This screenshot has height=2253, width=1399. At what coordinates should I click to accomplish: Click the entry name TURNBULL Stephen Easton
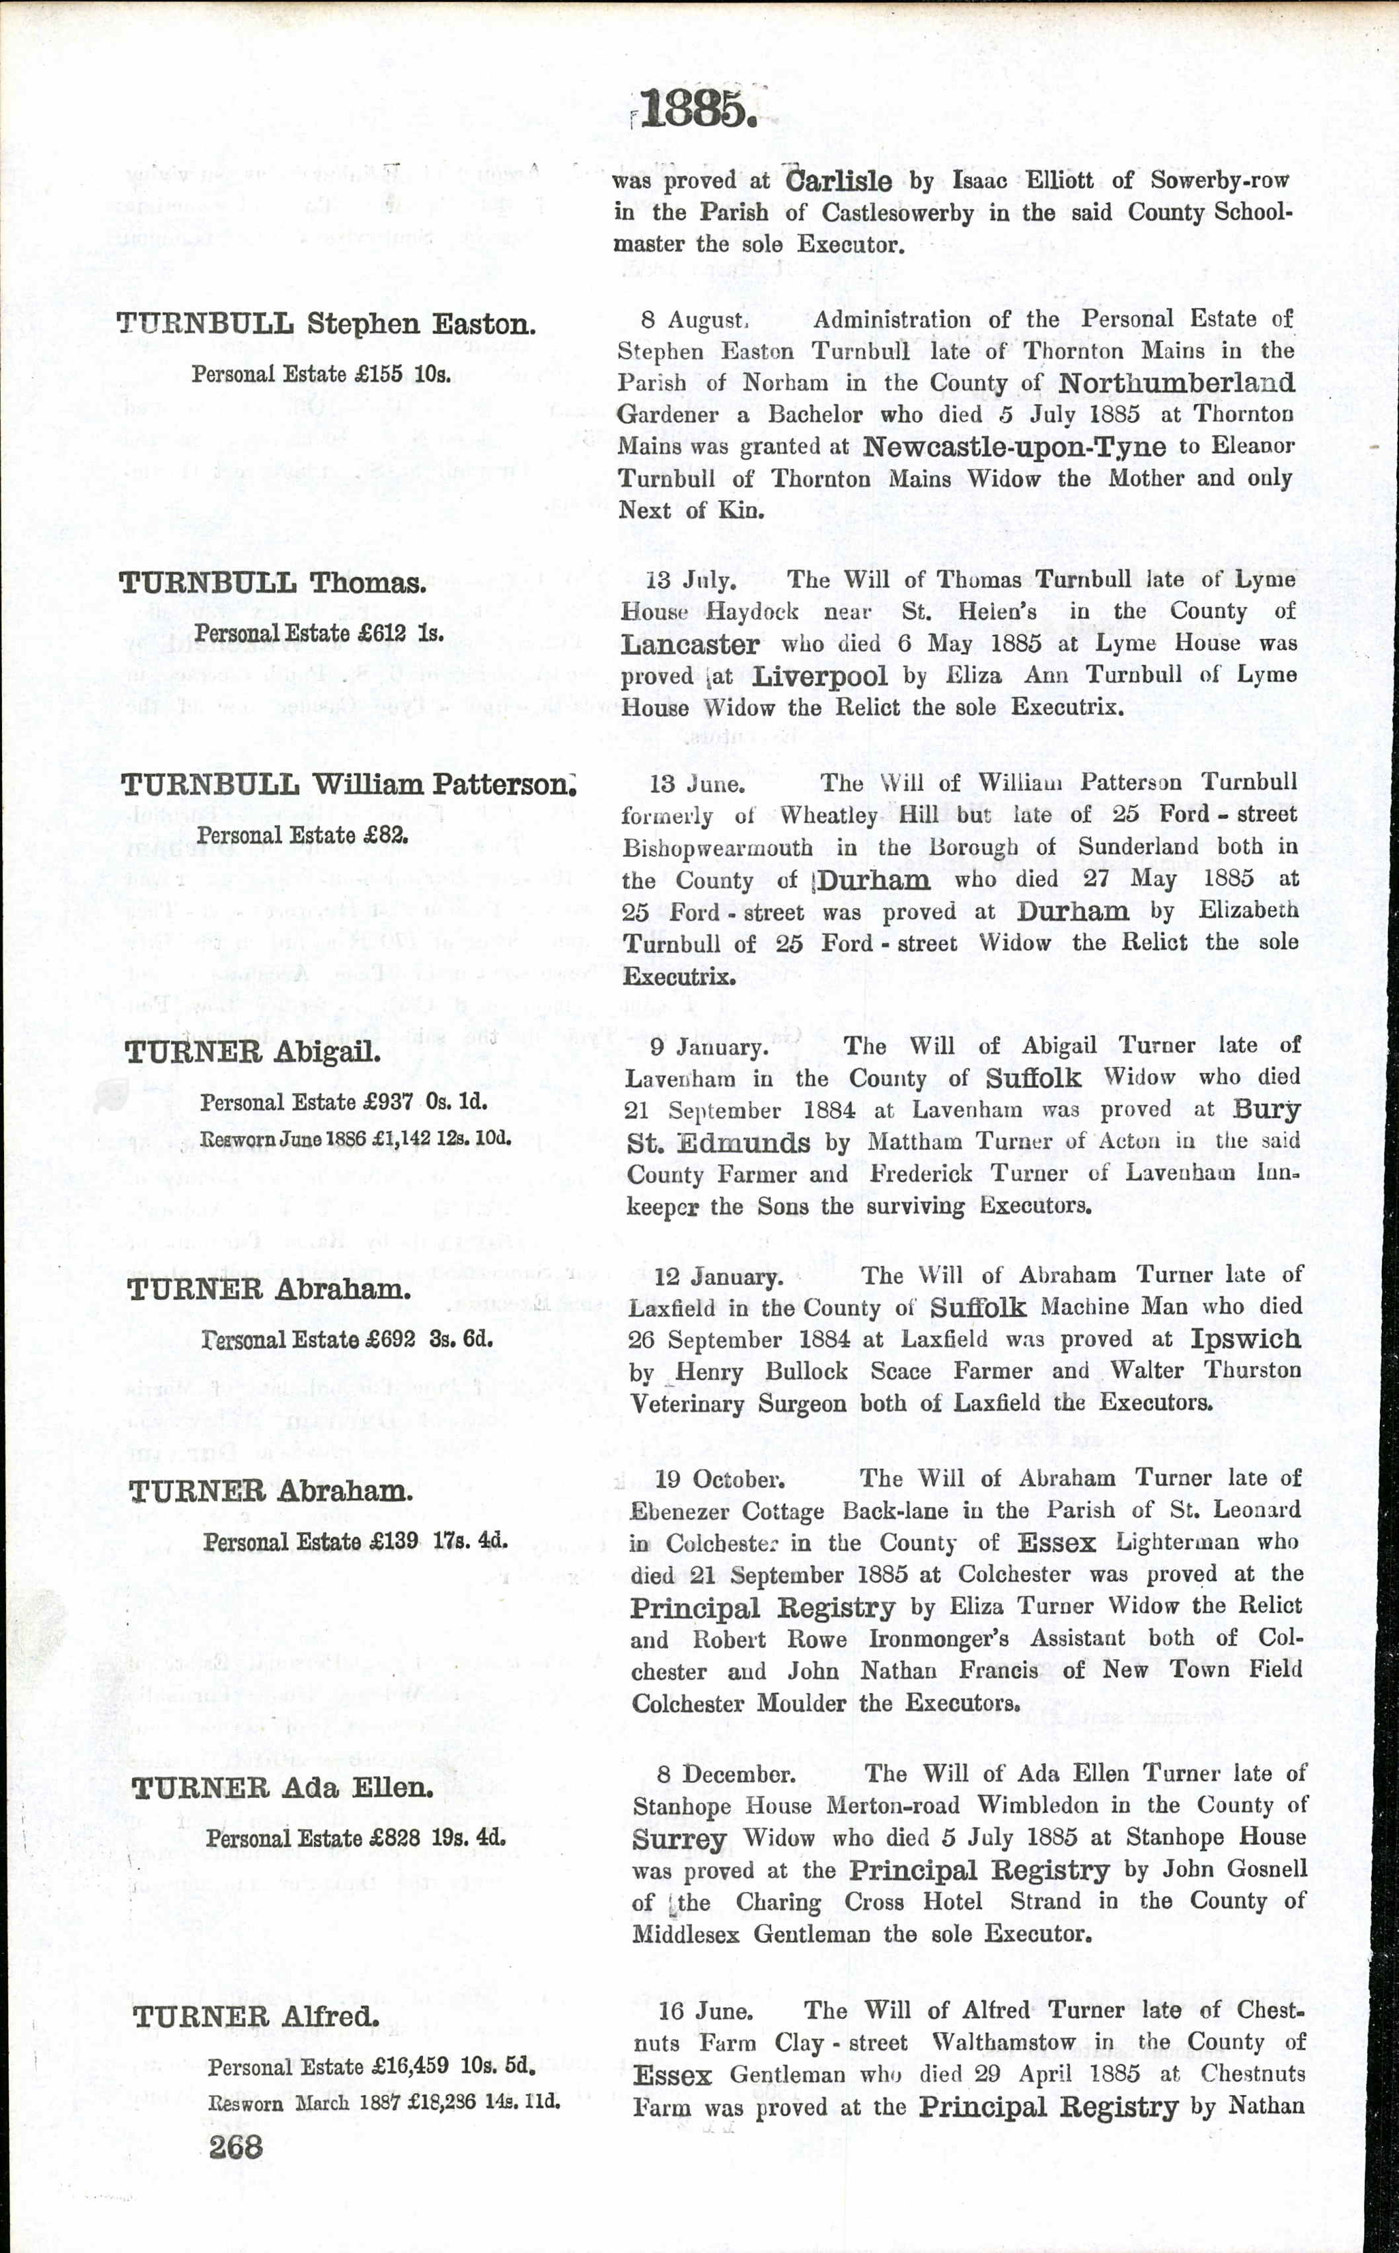pos(326,324)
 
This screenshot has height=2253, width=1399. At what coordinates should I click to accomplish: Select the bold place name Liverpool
pos(820,676)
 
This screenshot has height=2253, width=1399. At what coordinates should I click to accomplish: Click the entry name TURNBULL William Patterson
pos(349,785)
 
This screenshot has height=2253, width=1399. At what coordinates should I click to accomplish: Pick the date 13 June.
pos(697,784)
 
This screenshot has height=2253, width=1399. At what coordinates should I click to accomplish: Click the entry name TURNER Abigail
pos(252,1053)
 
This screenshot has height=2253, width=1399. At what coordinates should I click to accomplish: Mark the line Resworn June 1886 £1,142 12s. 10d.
pos(356,1139)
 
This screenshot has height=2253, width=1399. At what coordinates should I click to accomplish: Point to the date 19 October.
pos(720,1478)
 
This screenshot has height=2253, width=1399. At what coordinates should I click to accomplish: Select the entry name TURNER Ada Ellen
pos(282,1787)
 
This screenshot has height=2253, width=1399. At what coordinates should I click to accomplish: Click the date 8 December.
pos(726,1774)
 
